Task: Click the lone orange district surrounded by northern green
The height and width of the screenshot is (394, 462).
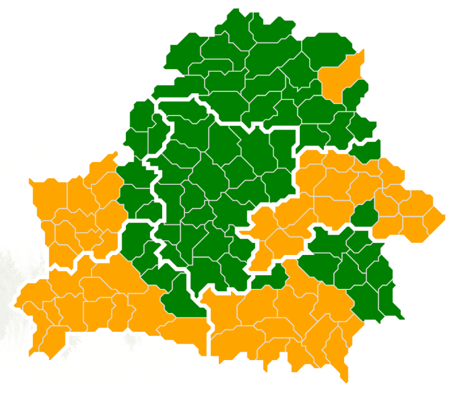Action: [339, 79]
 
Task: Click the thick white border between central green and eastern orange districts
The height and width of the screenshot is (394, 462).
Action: [298, 162]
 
